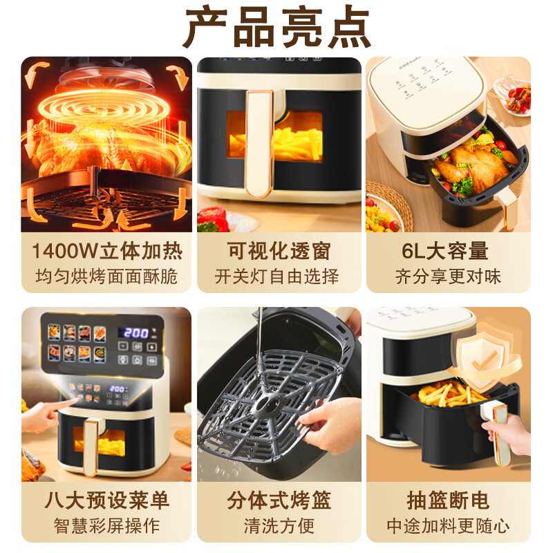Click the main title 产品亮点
pos(277,27)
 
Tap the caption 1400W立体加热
pos(107,251)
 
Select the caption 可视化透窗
pos(279,251)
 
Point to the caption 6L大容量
pos(445,251)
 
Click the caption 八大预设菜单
pos(107,500)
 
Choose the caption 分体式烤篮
pos(279,500)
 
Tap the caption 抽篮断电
pos(448,500)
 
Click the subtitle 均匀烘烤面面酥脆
pos(106,276)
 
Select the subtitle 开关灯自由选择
pos(277,276)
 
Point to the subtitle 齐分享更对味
pos(448,276)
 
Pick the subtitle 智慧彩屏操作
pos(107,525)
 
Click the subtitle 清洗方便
pos(279,525)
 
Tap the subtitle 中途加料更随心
pos(448,525)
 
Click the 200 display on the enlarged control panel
pos(135,333)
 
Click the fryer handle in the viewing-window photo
pos(260,144)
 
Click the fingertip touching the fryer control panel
pos(75,400)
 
